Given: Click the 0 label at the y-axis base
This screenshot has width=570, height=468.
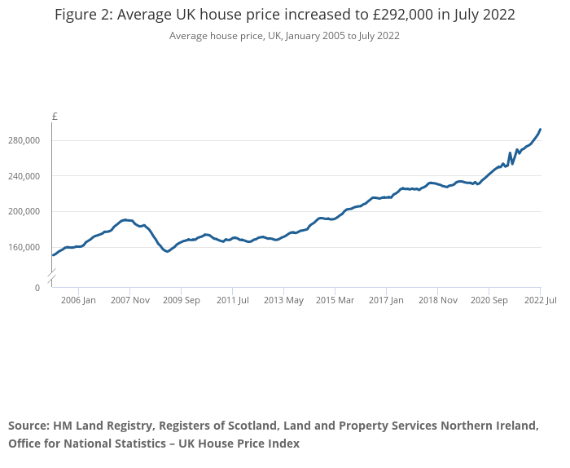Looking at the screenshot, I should point(37,288).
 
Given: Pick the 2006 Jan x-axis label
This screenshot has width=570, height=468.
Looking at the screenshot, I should point(78,300).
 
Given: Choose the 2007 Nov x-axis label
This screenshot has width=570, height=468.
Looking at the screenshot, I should point(129,300).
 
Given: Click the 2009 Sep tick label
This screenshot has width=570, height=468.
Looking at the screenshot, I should point(181,300).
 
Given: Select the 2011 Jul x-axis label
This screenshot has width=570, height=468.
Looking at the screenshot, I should point(232,300).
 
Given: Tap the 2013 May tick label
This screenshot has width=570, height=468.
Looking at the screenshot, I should point(283,300).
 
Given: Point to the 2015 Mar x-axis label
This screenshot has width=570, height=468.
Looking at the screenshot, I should point(335,300).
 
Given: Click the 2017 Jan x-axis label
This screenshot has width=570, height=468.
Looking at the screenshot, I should point(386,300).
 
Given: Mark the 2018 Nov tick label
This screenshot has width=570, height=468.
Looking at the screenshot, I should point(437,300).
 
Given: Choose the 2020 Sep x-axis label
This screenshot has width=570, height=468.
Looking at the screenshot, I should point(489,300).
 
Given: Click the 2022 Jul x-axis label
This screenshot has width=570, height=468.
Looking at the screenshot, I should point(540,300).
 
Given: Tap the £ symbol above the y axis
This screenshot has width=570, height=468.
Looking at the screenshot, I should point(55,117).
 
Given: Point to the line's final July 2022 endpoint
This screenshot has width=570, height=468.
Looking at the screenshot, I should point(540,129).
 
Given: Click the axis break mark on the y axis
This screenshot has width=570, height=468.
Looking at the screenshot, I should point(51,279).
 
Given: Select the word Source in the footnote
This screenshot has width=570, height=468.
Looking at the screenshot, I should point(28,426).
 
